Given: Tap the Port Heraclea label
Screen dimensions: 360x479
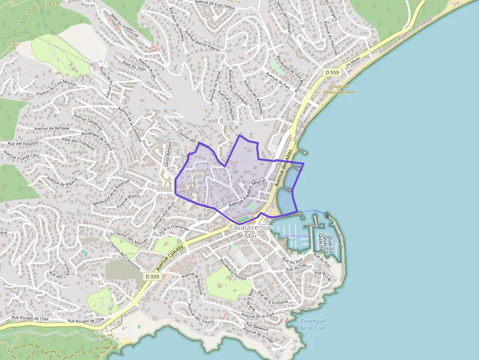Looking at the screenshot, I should (x=295, y=236).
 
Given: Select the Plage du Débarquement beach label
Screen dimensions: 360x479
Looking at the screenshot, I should (x=339, y=89).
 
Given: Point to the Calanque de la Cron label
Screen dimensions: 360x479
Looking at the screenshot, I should (x=313, y=325).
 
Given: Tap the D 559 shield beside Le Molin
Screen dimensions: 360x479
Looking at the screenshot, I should (x=332, y=72).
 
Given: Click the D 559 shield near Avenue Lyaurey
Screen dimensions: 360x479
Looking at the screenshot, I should (x=152, y=276).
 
